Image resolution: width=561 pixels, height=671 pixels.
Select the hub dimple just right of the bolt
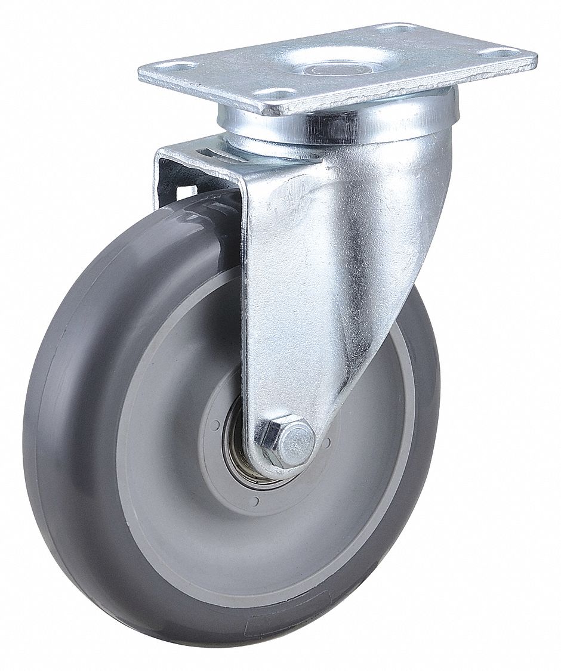[x=328, y=443]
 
